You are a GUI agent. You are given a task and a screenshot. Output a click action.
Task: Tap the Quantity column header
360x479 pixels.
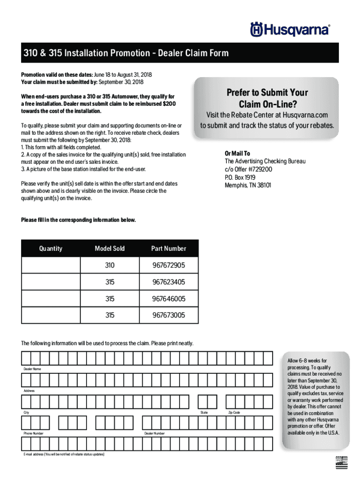[x=51, y=248]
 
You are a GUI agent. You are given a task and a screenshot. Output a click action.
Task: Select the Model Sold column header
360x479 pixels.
[x=110, y=248]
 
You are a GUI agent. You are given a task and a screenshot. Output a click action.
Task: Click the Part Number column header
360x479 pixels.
[x=168, y=248]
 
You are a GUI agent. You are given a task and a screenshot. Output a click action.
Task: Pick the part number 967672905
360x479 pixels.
[x=168, y=265]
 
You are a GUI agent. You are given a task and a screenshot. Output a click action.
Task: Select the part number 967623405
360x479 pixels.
[x=168, y=282]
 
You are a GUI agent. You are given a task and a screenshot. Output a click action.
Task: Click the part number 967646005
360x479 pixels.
[x=168, y=298]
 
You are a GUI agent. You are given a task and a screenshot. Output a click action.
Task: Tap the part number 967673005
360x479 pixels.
[x=168, y=315]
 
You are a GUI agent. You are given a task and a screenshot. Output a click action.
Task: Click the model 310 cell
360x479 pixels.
[x=110, y=265]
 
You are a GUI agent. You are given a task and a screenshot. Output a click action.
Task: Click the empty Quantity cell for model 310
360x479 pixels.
[x=51, y=265]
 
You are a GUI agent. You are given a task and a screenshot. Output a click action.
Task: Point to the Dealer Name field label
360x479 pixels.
[x=32, y=369]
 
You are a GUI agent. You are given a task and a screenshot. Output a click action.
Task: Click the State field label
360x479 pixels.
[x=204, y=413]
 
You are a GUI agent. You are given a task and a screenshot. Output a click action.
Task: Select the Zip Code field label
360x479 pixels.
[x=234, y=413]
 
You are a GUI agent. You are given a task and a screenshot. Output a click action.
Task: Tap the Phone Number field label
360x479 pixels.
[x=34, y=434]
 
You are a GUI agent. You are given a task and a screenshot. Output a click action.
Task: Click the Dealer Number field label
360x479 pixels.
[x=154, y=434]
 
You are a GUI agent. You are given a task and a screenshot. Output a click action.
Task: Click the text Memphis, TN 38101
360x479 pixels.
[x=248, y=185]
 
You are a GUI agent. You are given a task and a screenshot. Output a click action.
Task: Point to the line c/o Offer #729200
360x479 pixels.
[x=248, y=169]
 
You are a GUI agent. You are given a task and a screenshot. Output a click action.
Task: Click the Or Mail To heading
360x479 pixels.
[x=238, y=153]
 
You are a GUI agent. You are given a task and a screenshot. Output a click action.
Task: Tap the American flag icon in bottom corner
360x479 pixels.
[x=342, y=462]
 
